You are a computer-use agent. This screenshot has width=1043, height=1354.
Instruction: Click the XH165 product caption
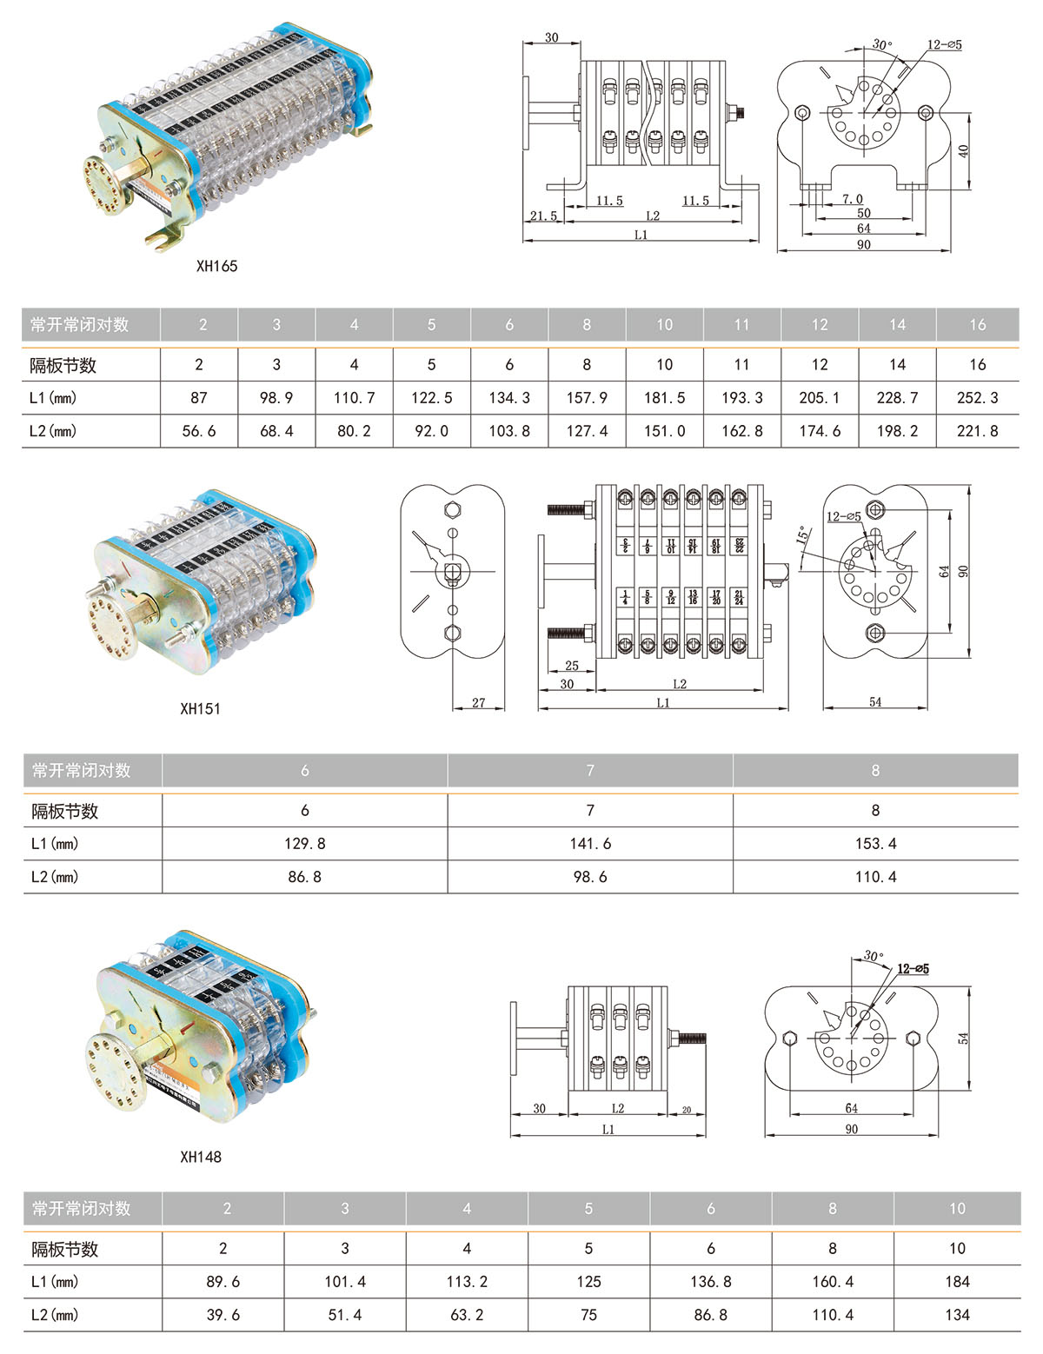pyautogui.click(x=216, y=267)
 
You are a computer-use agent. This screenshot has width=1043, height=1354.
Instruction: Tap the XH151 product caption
pyautogui.click(x=200, y=709)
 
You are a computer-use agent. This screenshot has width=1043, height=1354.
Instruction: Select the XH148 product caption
pyautogui.click(x=200, y=1158)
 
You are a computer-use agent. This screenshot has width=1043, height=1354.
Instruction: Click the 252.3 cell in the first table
pyautogui.click(x=977, y=398)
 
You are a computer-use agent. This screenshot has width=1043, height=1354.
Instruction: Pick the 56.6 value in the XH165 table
pyautogui.click(x=199, y=431)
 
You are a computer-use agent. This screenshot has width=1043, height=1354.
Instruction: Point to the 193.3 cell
pyautogui.click(x=741, y=398)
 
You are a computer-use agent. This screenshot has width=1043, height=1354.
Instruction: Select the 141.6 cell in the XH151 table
pyautogui.click(x=590, y=844)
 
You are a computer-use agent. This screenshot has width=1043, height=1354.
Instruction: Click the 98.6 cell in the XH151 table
pyautogui.click(x=590, y=878)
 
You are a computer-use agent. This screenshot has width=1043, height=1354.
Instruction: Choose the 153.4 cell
pyautogui.click(x=875, y=844)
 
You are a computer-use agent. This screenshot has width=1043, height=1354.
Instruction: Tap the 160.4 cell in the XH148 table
pyautogui.click(x=832, y=1282)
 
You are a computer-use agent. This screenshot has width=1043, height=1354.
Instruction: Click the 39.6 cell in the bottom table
pyautogui.click(x=223, y=1316)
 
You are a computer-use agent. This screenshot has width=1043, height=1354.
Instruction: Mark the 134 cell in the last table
pyautogui.click(x=957, y=1316)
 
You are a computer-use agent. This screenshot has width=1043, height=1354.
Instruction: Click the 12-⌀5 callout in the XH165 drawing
pyautogui.click(x=944, y=45)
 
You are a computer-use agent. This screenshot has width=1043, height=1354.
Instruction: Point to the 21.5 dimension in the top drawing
pyautogui.click(x=543, y=216)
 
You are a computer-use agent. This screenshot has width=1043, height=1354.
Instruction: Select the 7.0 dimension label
pyautogui.click(x=853, y=200)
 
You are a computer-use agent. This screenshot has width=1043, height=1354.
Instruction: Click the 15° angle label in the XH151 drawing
pyautogui.click(x=804, y=534)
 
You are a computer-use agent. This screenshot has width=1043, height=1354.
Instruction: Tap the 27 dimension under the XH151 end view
pyautogui.click(x=479, y=703)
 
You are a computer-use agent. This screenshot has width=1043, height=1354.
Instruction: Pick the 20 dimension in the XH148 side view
pyautogui.click(x=687, y=1110)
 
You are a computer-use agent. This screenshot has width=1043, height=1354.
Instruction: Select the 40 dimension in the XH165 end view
pyautogui.click(x=963, y=151)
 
